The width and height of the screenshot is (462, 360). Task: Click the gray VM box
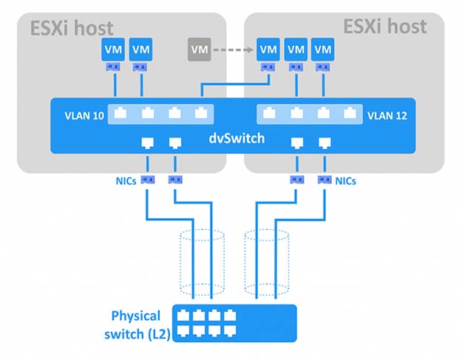coord(200,50)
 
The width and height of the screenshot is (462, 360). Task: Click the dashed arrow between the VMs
coord(233,50)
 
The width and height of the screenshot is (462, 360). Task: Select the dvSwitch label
coord(237,138)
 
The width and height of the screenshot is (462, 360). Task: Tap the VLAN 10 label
coord(84,116)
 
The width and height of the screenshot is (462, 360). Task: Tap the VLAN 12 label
coord(387,116)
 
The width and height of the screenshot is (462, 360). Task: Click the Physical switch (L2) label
coord(137,325)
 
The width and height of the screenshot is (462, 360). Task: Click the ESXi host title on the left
coord(72,28)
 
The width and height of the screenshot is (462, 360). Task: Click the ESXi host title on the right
coord(385,27)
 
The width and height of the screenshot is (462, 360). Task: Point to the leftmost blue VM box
coord(113,50)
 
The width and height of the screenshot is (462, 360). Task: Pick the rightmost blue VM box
coord(322,50)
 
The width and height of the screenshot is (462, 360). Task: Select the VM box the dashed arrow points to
coord(268,50)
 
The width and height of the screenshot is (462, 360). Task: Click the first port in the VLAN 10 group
coord(120,113)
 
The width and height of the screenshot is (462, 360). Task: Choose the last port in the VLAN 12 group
coord(350,113)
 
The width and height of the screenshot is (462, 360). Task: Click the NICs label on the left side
coord(126,181)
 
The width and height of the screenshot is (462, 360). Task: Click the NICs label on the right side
coord(346,181)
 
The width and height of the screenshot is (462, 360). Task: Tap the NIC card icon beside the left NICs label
coord(148,180)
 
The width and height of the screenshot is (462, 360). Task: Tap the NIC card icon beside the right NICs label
coord(325,180)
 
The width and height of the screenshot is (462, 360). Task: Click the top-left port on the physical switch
coord(183,316)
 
